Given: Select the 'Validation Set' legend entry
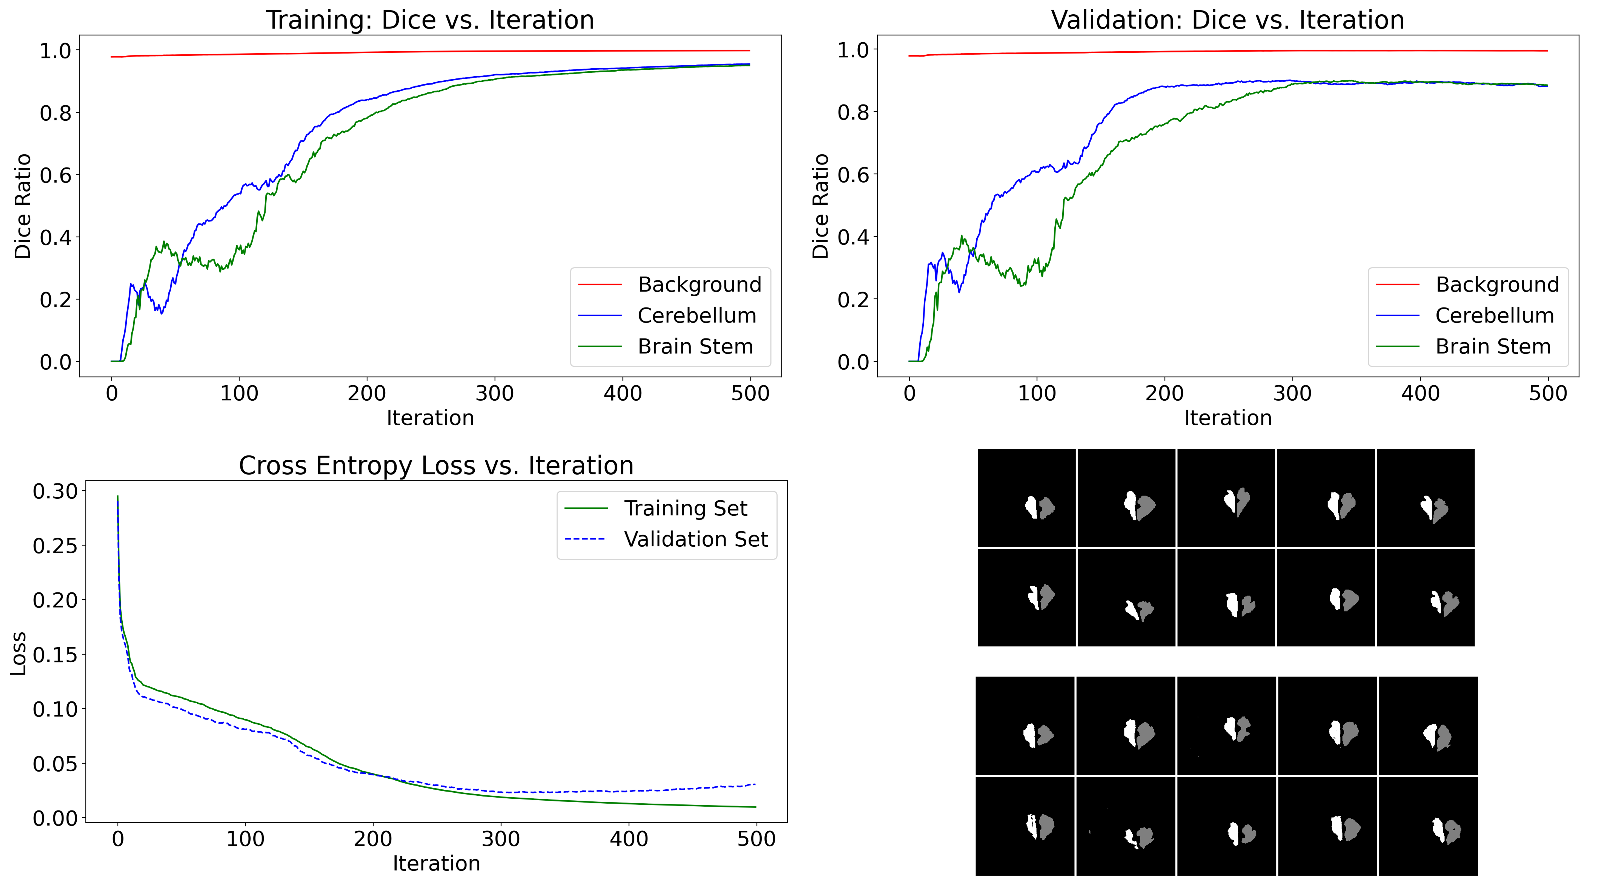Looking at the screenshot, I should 696,539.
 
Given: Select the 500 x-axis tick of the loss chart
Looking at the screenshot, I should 756,839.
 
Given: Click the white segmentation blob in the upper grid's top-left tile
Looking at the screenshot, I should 1031,507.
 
